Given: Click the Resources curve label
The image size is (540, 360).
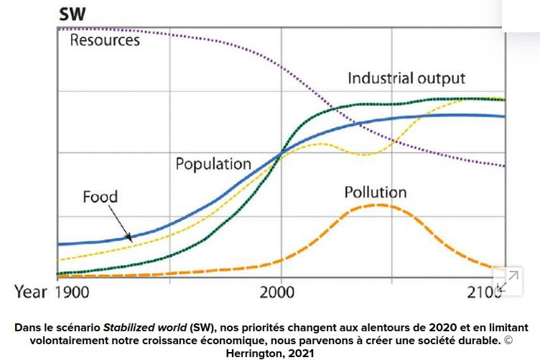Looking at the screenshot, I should tap(105, 40).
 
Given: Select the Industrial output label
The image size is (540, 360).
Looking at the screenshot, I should tap(406, 78).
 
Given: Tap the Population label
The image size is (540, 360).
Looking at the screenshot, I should tap(213, 164).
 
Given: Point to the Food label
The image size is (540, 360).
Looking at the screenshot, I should tap(100, 196).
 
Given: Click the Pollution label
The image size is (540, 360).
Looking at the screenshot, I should tap(375, 193).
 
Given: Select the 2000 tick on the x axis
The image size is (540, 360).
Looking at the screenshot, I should tap(281, 292).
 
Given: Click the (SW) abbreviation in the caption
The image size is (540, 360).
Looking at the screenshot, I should tap(205, 326).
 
